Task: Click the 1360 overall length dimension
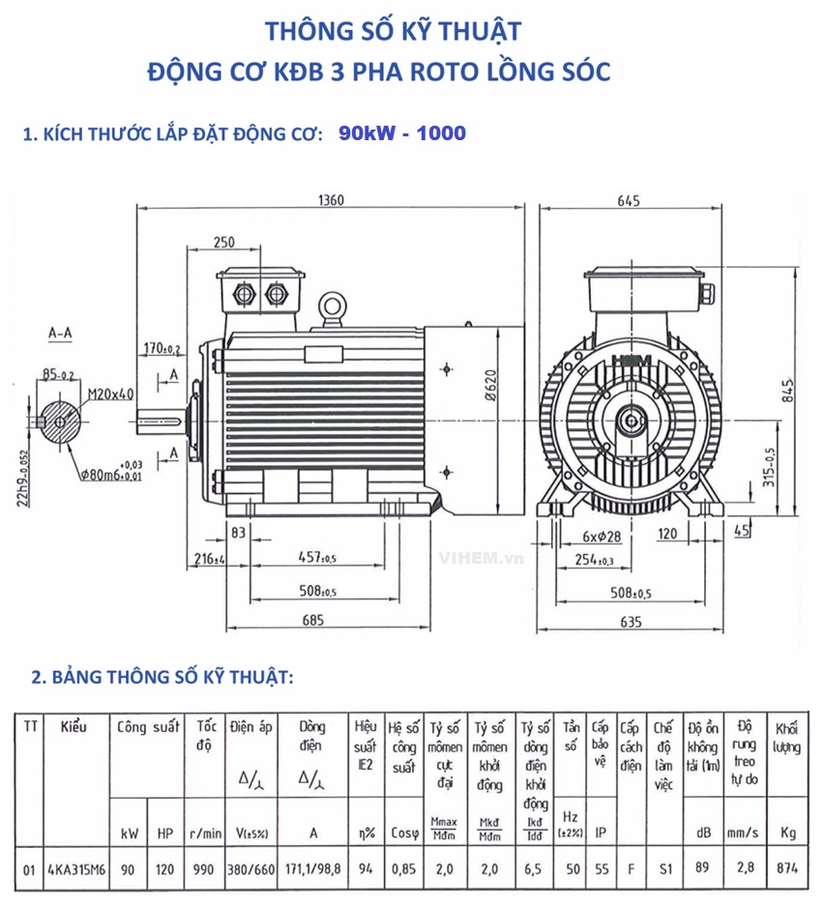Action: [x=331, y=200]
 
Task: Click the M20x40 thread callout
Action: [x=110, y=394]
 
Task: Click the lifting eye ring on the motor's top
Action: [x=333, y=307]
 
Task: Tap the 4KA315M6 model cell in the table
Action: [x=75, y=869]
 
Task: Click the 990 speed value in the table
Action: [x=203, y=869]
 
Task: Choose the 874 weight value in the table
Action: [x=787, y=869]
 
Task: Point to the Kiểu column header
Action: [x=74, y=727]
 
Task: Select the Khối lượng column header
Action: [x=786, y=737]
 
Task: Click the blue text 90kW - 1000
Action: [x=401, y=133]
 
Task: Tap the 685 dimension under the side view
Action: [x=311, y=621]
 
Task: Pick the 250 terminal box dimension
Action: [x=223, y=241]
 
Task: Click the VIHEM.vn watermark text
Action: [x=481, y=558]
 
